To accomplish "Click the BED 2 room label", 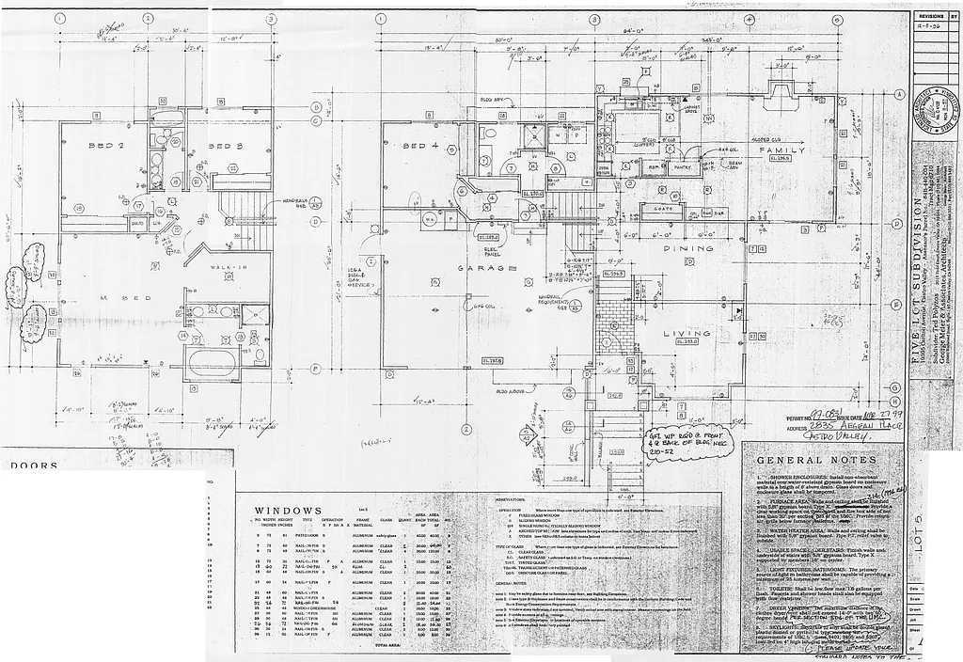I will click(x=107, y=147).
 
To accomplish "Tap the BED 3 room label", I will click(x=226, y=147).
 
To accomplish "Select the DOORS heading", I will click(x=34, y=465).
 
